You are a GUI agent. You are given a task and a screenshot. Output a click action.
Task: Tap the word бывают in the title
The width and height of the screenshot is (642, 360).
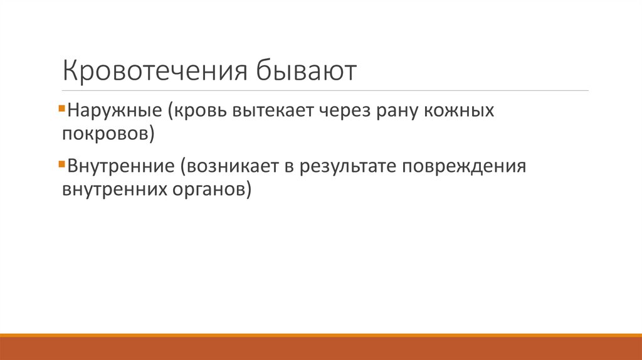coord(305,71)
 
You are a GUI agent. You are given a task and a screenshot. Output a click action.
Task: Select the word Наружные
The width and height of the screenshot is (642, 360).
coord(116,112)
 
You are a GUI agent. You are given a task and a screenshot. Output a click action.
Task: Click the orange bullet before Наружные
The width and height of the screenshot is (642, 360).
coord(60,109)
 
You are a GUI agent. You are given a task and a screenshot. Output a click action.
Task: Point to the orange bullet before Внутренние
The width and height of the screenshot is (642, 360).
coord(60,164)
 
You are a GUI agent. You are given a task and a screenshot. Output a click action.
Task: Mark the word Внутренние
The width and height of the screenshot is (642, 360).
coord(120,167)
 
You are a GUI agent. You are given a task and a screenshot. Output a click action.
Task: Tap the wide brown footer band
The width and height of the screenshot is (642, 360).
coord(321,349)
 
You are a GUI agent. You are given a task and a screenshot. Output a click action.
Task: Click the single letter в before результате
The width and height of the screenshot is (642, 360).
coord(292,167)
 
